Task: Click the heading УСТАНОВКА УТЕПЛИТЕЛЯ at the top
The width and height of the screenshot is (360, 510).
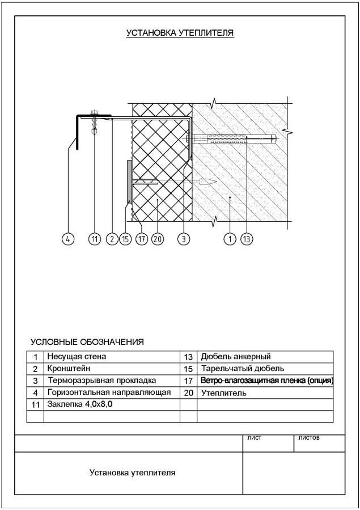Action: [x=180, y=33]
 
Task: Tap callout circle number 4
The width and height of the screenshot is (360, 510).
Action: [x=67, y=239]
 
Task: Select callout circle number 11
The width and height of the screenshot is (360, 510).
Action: [x=95, y=239]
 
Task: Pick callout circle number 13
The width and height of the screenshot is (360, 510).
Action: [x=247, y=239]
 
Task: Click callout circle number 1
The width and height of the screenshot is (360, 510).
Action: [x=230, y=239]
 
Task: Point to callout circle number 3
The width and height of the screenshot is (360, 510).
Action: [x=183, y=239]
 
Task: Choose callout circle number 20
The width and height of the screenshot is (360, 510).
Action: [x=158, y=239]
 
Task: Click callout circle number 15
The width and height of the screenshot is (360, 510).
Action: [x=126, y=239]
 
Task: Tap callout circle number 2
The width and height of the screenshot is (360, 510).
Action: [x=112, y=239]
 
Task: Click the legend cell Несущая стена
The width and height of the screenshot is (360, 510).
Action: [x=77, y=357]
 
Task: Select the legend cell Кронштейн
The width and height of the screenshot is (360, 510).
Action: [x=66, y=369]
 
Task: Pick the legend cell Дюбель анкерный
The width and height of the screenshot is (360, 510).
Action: [x=236, y=357]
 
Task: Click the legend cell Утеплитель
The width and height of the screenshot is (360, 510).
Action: [x=223, y=393]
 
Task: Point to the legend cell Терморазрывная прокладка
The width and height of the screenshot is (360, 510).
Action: [x=101, y=381]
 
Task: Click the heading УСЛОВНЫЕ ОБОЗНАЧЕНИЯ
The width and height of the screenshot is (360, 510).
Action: [x=87, y=342]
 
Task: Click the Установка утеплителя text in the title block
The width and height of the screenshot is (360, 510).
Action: [x=132, y=472]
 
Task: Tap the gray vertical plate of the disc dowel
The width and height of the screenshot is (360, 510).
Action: [x=130, y=182]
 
